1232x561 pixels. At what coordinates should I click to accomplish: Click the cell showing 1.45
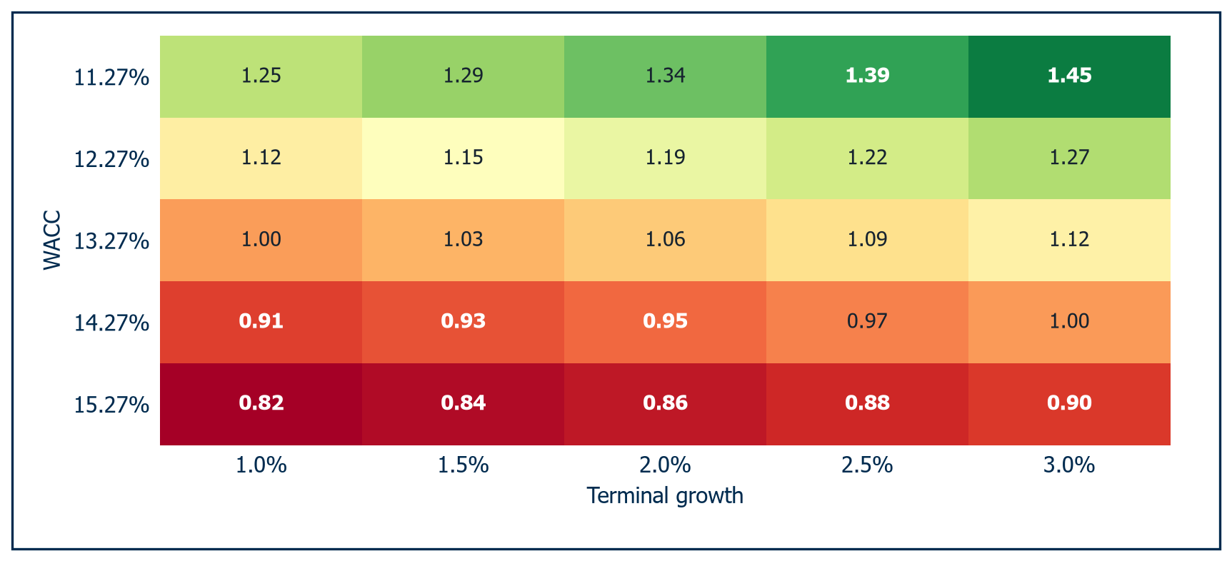pos(1069,76)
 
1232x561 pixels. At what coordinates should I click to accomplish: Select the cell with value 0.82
pos(261,404)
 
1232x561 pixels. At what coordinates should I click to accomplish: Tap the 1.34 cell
pos(665,76)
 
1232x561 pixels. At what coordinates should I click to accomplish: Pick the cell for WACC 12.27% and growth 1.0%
pos(261,158)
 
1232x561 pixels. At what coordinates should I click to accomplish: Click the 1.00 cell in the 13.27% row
pos(261,240)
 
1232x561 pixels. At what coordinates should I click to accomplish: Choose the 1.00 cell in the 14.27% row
pos(1069,322)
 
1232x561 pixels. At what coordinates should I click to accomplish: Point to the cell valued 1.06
pos(665,240)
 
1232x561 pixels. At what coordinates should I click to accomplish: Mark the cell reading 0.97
pos(867,322)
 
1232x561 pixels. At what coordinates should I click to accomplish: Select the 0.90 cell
pos(1069,404)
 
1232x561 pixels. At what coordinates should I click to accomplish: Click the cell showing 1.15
pos(463,158)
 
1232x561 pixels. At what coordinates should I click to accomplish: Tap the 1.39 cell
pos(867,76)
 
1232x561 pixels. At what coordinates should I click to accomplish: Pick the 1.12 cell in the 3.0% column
pos(1069,240)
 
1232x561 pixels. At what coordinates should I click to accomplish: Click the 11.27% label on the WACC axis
pos(111,77)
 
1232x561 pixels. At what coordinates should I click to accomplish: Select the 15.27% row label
pos(111,405)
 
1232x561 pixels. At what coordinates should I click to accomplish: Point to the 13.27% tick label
pos(111,241)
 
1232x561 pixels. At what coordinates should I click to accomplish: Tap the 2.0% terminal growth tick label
pos(665,465)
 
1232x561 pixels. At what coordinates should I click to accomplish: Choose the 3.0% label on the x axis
pos(1069,465)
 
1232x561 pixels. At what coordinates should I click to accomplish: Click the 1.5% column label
pos(463,465)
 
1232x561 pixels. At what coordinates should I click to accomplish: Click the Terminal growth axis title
pos(665,495)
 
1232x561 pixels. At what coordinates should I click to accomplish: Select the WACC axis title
pos(52,241)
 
